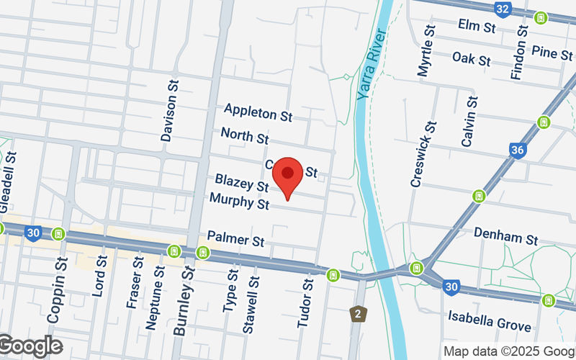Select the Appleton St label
258,112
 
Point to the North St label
244,135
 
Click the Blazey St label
240,184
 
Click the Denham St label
506,238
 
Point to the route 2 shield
356,314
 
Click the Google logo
30,346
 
